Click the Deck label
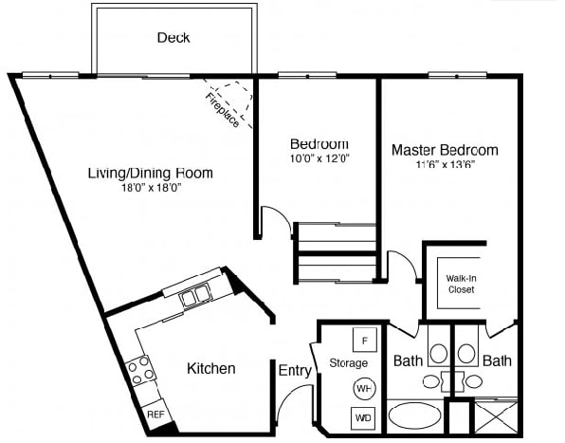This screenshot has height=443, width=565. (173, 38)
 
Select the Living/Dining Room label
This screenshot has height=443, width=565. (150, 173)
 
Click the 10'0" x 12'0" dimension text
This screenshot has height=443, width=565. (319, 158)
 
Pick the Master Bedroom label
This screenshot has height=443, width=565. (444, 150)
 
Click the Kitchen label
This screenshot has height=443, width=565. (210, 368)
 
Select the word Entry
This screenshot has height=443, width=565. (295, 371)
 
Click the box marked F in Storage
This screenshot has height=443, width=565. (365, 340)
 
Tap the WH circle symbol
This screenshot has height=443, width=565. (364, 388)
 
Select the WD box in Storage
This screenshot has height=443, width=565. (364, 416)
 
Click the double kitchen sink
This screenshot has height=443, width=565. (197, 297)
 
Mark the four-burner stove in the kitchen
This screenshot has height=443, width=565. (141, 369)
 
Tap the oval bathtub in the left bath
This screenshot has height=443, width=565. (414, 416)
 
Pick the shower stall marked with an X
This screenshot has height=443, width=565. (496, 417)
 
